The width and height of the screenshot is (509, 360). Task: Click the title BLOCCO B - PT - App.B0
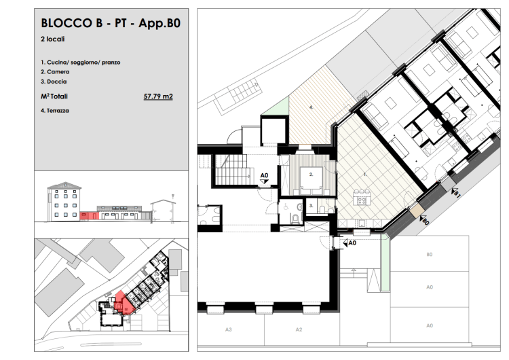click(x=111, y=23)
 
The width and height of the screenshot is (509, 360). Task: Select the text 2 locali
click(x=52, y=39)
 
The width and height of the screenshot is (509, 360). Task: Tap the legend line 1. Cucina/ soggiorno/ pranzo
click(x=81, y=62)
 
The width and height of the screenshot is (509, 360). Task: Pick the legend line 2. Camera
click(x=55, y=72)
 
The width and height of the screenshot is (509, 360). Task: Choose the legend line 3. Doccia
click(x=54, y=82)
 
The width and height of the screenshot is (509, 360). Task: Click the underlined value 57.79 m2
click(x=158, y=96)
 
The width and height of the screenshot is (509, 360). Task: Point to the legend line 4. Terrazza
click(x=55, y=111)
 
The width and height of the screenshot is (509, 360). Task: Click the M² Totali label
click(x=54, y=96)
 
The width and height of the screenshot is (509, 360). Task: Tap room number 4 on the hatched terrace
click(x=312, y=107)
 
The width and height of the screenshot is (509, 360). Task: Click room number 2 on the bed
click(x=311, y=175)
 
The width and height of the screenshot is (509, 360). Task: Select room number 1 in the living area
click(x=365, y=175)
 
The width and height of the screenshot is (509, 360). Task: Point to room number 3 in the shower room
click(x=311, y=206)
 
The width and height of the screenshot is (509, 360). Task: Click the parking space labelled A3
click(x=229, y=329)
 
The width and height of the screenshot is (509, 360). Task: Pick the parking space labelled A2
click(x=299, y=329)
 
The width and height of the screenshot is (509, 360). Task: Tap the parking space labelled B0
click(x=430, y=255)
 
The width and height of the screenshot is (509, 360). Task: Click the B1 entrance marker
click(x=455, y=193)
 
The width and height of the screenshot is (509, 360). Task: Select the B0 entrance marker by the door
click(x=424, y=220)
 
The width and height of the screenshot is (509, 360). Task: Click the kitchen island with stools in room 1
click(x=361, y=198)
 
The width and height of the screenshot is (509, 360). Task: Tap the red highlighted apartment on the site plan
click(x=124, y=303)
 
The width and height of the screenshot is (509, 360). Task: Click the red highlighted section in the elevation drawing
click(x=90, y=215)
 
